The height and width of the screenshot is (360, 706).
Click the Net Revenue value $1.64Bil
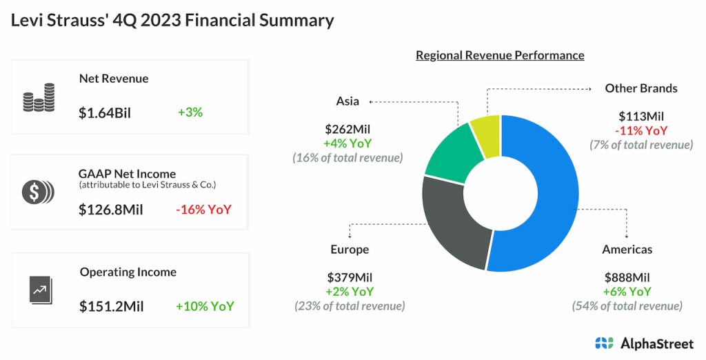(x=105, y=113)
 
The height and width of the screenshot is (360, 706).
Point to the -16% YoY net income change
(x=203, y=209)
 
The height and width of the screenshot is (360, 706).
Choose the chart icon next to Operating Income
(x=40, y=289)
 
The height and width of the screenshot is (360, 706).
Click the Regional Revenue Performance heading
(x=500, y=55)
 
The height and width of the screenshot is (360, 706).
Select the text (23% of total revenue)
(x=350, y=306)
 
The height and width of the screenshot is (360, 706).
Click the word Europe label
(x=350, y=249)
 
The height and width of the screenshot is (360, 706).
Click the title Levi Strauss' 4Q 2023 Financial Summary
(x=172, y=20)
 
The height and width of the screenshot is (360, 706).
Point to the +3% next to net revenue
(x=190, y=112)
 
